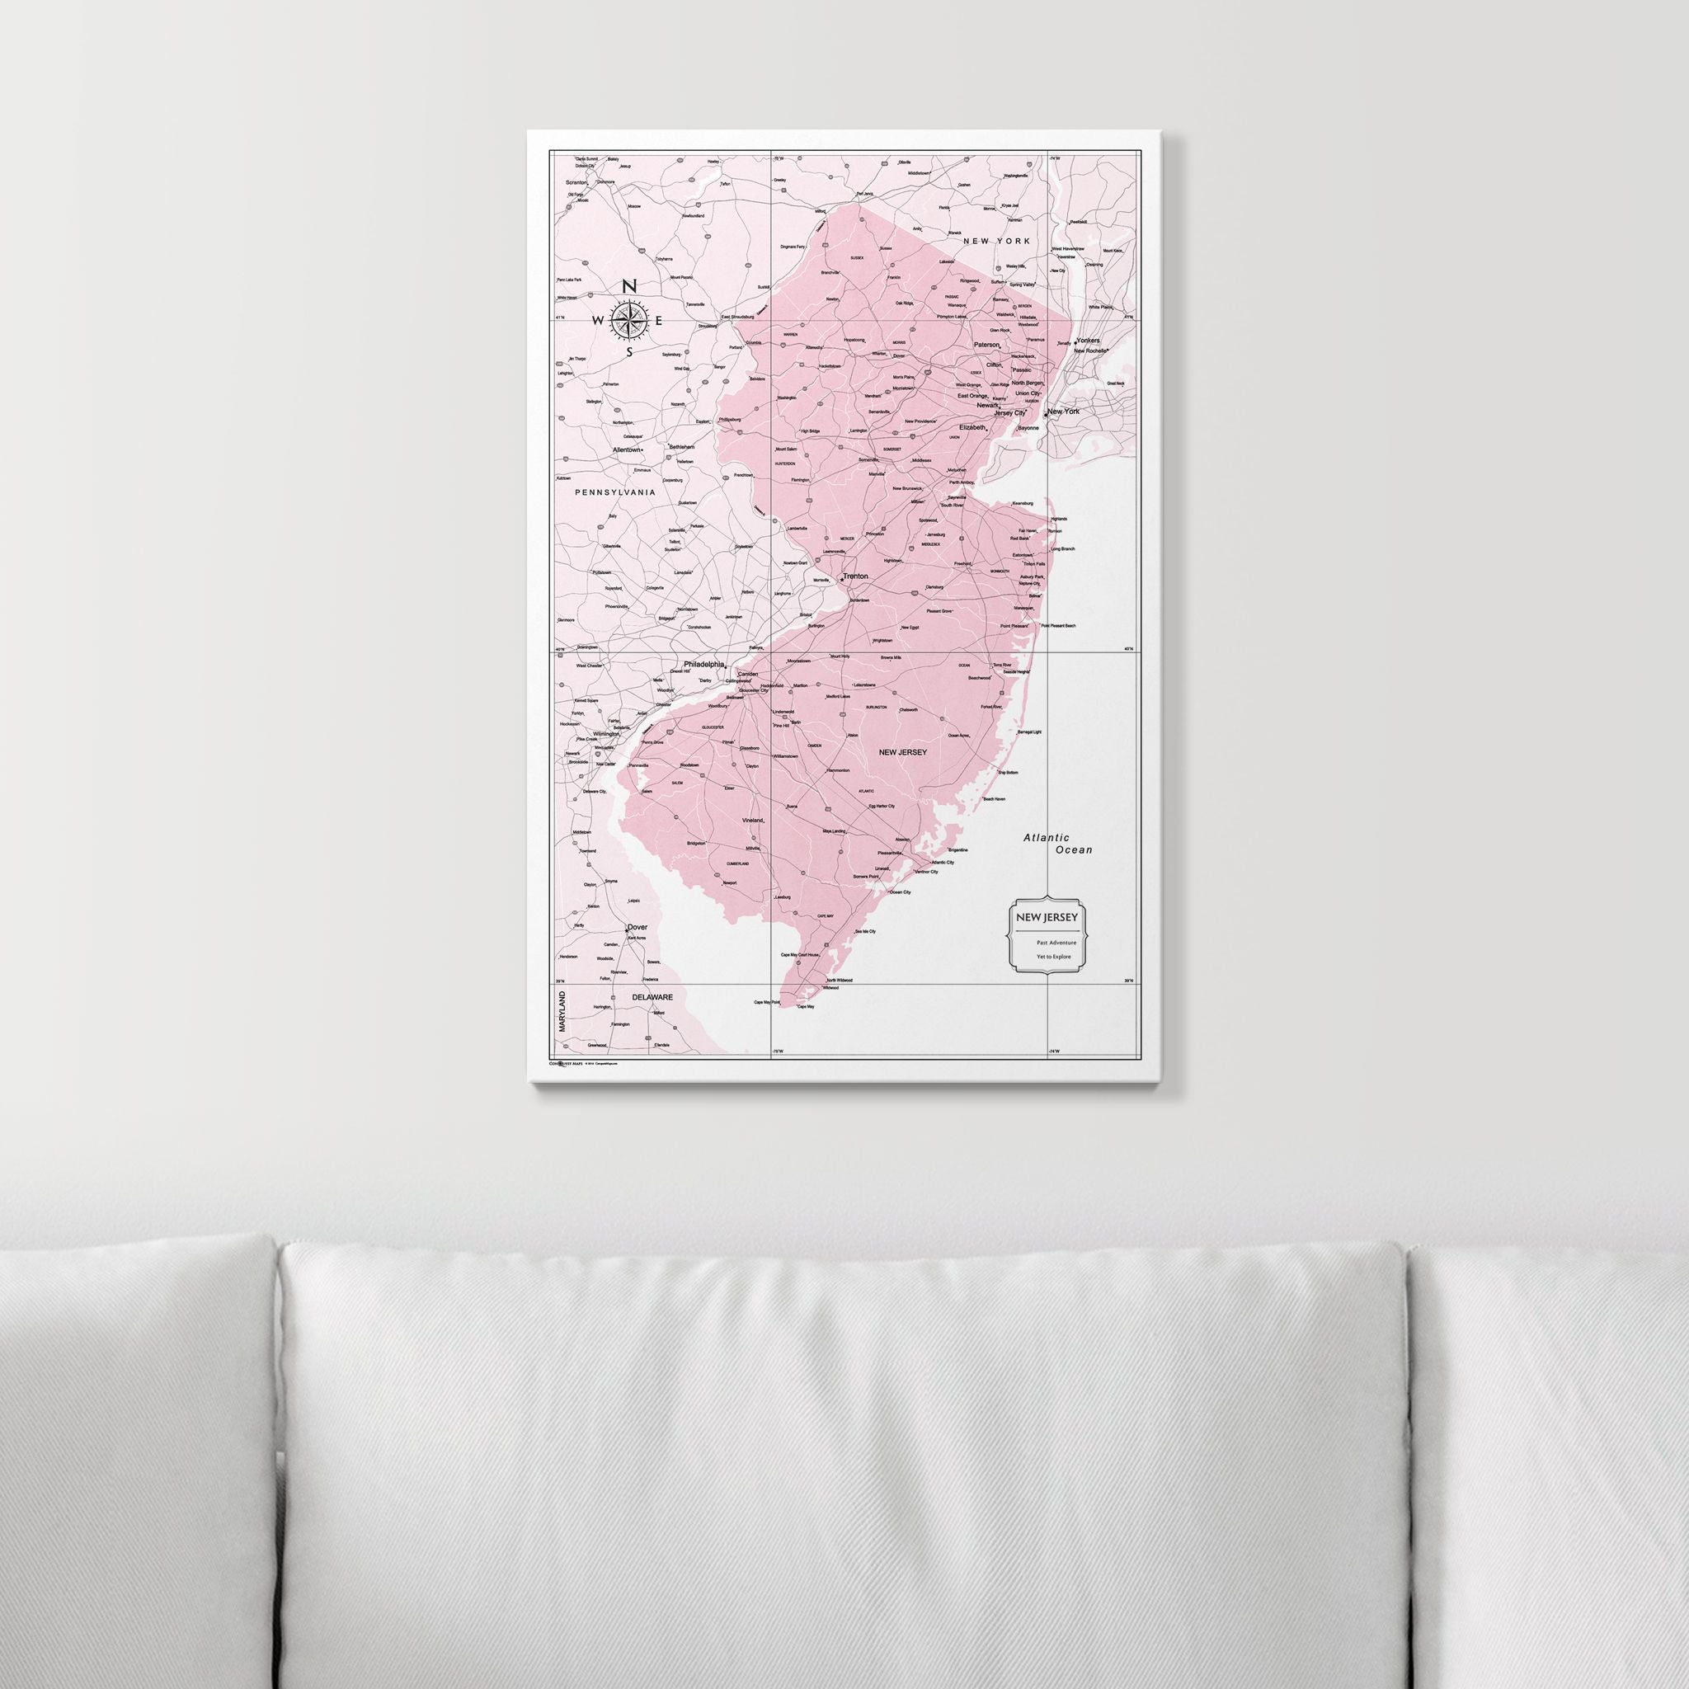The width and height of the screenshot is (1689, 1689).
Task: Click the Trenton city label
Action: (x=856, y=577)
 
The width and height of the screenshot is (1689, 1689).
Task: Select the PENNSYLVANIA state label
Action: (x=614, y=492)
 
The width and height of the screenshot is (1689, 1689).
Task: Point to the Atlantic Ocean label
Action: (x=1059, y=844)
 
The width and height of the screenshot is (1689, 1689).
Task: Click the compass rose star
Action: (x=628, y=320)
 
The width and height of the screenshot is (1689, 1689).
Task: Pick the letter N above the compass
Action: (x=628, y=287)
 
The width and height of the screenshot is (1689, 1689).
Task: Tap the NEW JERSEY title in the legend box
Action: (x=1046, y=917)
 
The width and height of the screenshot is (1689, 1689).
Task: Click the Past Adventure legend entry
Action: (x=1056, y=943)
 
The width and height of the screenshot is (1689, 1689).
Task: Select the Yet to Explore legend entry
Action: (x=1053, y=957)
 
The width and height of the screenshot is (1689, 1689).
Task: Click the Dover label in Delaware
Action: (x=637, y=929)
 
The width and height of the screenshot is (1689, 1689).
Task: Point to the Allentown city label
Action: (x=627, y=449)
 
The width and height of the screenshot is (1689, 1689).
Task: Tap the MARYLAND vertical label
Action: (x=562, y=1011)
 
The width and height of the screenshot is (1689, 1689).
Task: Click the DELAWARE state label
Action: (x=652, y=996)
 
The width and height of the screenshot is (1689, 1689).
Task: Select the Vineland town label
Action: (x=753, y=821)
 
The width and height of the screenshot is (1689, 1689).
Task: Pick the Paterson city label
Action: (x=986, y=345)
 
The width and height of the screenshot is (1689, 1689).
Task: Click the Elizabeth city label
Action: (x=972, y=427)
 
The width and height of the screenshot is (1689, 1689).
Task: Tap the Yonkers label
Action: (x=1088, y=340)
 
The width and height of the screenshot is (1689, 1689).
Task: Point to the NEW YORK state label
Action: (x=996, y=241)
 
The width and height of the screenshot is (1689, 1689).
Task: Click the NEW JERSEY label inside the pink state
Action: (x=902, y=752)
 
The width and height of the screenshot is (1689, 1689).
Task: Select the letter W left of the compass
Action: (x=598, y=321)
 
